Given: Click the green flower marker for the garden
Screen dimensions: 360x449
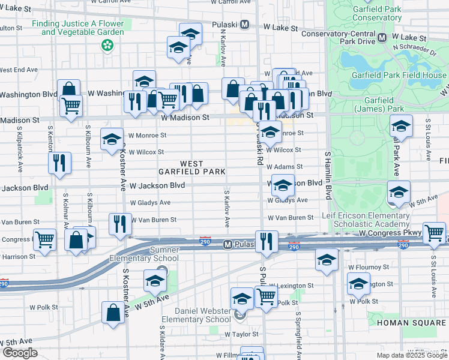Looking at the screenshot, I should click(x=107, y=45).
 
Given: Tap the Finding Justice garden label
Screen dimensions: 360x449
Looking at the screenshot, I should click(x=77, y=28).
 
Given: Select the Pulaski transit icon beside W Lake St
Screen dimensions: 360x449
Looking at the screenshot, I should click(x=244, y=25).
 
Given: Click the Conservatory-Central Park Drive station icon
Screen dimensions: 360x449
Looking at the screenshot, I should click(x=382, y=38).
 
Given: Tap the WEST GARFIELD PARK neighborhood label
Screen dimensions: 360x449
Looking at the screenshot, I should click(x=191, y=167).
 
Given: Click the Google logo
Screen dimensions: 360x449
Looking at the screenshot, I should click(x=20, y=353).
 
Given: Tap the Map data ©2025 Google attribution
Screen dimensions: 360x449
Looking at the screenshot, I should click(x=412, y=355).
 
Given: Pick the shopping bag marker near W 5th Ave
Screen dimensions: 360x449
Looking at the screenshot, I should click(x=113, y=313).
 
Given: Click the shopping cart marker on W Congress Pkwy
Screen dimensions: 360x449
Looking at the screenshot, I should click(x=433, y=233).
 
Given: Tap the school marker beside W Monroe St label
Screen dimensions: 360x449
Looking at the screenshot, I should click(x=111, y=139).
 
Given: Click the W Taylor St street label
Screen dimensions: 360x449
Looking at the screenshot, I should click(x=241, y=334).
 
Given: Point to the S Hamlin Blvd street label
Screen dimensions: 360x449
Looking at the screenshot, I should click(x=328, y=175).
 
